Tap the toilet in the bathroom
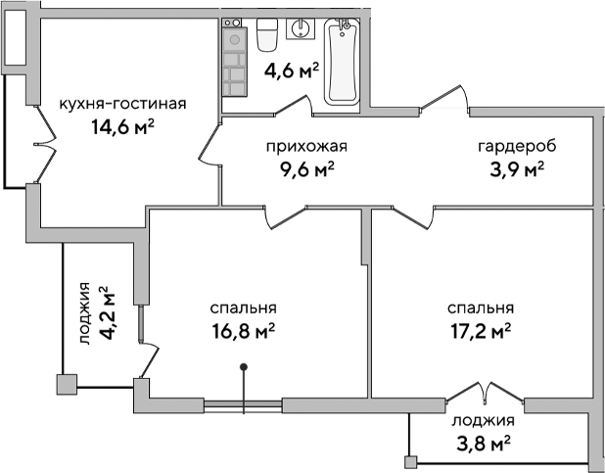[x=267, y=37]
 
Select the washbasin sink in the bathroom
[x=300, y=28]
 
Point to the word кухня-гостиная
[x=122, y=105]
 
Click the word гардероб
[x=517, y=147]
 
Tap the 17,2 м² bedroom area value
[x=480, y=332]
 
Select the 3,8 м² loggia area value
[x=483, y=445]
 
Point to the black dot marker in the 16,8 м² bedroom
[x=245, y=368]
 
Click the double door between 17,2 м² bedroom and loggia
[x=481, y=392]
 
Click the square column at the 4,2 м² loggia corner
[x=67, y=385]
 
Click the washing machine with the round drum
[x=234, y=40]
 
